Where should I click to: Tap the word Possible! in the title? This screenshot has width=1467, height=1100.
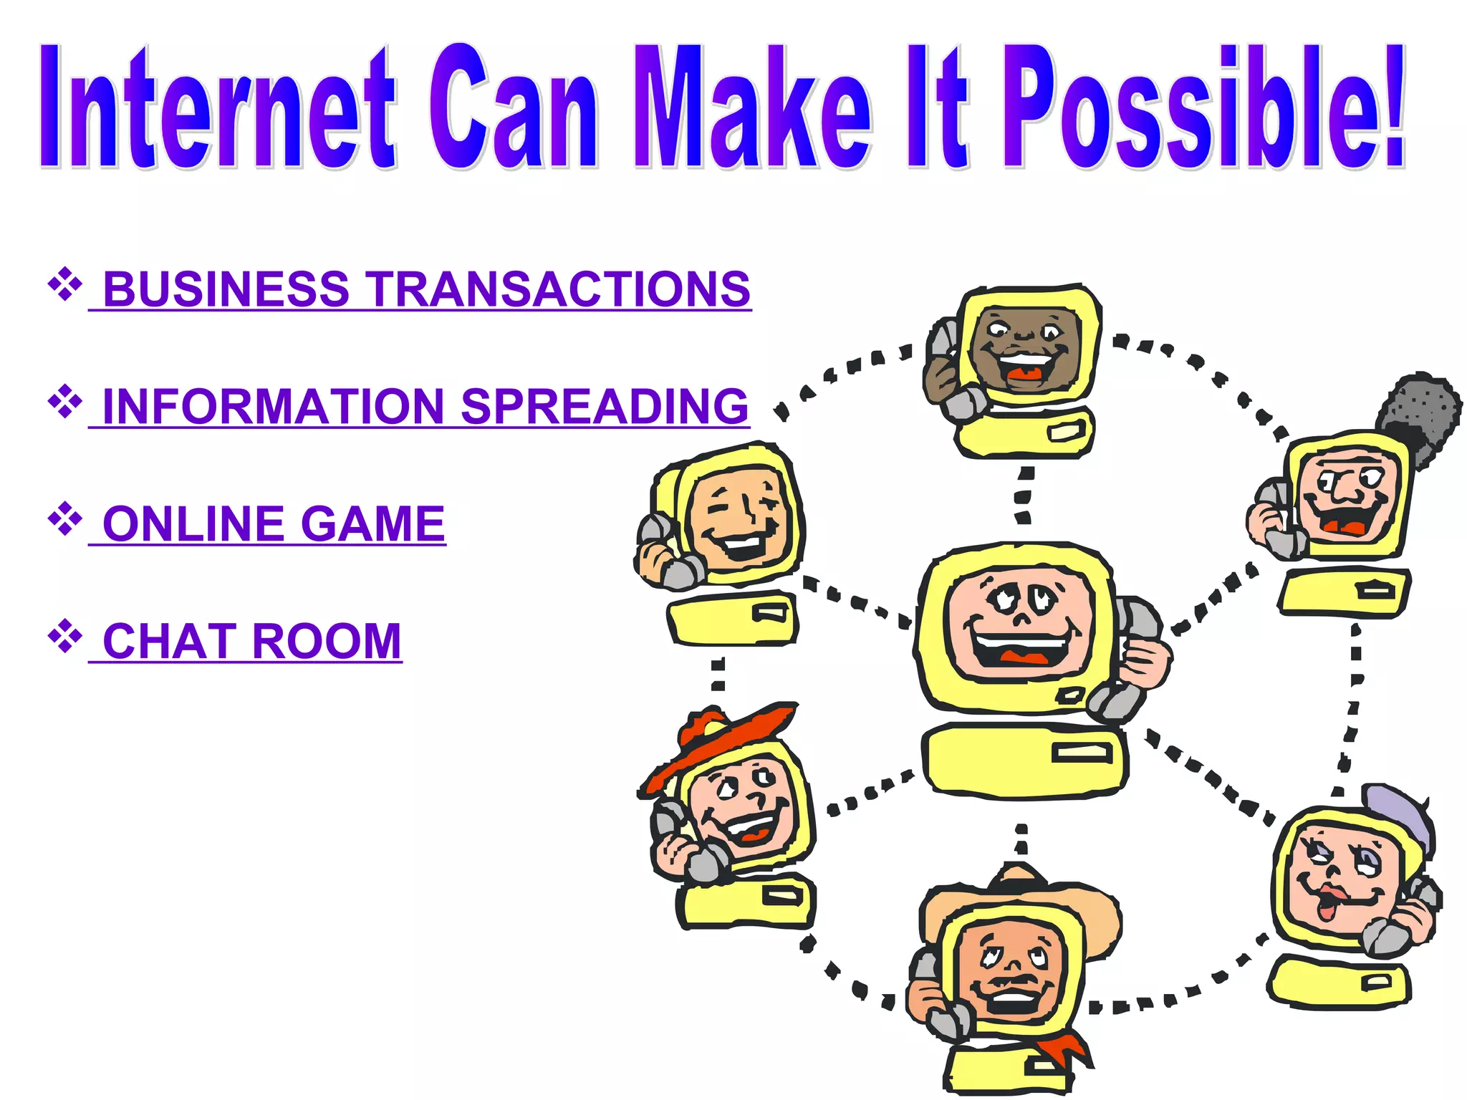coord(1203,107)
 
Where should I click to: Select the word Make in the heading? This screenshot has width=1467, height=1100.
coord(752,107)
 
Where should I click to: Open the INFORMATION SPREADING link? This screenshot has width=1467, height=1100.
coord(425,406)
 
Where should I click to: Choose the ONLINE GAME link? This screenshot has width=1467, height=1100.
coord(274,524)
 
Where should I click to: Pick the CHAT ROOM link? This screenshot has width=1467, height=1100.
coord(252,641)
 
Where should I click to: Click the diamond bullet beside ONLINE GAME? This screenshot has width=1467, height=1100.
coord(64,518)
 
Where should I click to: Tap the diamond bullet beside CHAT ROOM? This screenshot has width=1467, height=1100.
coord(64,636)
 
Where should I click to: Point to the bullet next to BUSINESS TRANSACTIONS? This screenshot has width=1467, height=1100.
coord(64,284)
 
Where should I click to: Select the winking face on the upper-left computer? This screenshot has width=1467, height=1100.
coord(738,516)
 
